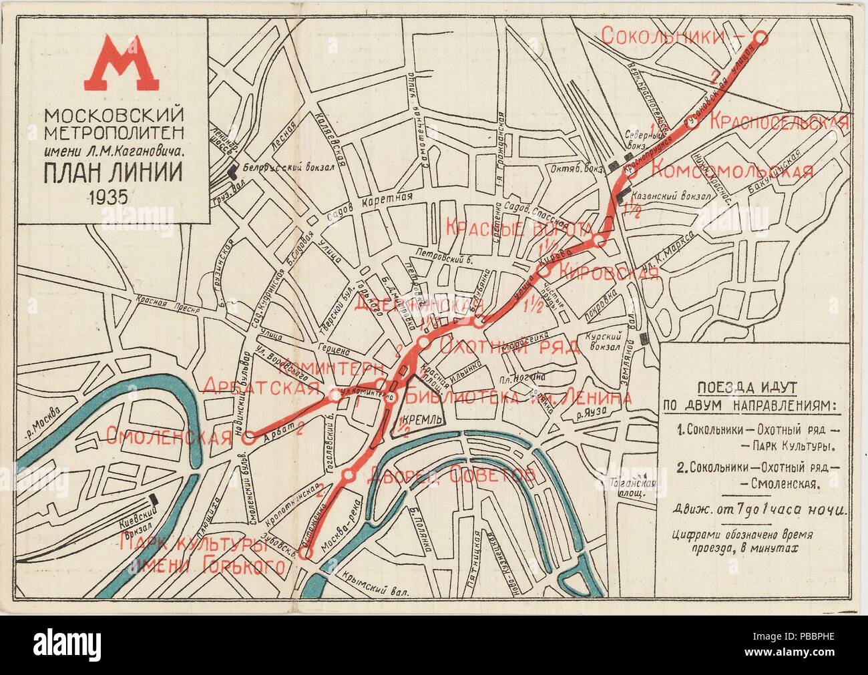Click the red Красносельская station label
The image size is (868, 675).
point(778,122)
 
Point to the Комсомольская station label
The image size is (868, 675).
point(731,170)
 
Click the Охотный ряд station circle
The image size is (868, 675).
point(423,343)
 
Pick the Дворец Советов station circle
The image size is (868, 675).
point(349,475)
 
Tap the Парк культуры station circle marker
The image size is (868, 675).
point(306,553)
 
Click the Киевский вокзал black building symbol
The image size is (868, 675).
point(155,499)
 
